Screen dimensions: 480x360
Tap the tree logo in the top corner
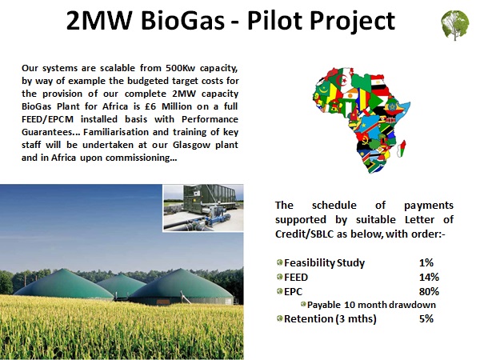point(455,26)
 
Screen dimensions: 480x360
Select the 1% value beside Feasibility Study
point(426,262)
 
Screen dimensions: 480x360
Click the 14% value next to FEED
point(429,277)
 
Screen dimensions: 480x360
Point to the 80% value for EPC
point(429,291)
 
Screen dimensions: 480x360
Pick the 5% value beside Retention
point(426,318)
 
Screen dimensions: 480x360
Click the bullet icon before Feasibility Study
point(279,262)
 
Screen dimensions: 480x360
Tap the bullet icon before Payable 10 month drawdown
point(303,304)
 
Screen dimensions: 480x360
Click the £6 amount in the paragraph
point(150,106)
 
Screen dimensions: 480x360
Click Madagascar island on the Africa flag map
point(402,149)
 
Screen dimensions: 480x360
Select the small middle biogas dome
point(122,286)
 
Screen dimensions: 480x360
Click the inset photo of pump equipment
point(203,208)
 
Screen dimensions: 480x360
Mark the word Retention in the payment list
point(308,318)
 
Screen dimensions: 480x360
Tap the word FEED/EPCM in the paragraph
point(47,119)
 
